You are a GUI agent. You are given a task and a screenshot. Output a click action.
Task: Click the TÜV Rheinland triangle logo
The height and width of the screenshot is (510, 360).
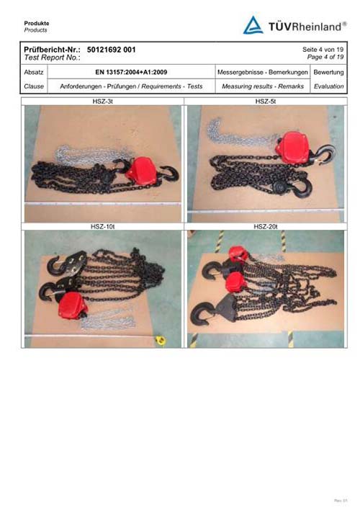pos(253,25)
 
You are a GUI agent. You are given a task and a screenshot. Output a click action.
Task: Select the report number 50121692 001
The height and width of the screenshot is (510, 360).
pos(111,50)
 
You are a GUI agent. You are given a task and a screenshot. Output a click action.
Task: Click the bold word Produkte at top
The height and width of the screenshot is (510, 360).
pos(37,24)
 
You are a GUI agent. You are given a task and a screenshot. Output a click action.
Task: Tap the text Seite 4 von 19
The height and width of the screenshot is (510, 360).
pos(323,50)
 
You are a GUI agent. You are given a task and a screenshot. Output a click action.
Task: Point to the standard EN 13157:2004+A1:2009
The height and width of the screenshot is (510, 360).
pos(131,72)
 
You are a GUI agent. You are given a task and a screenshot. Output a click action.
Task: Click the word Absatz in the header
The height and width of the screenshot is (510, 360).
pos(34,72)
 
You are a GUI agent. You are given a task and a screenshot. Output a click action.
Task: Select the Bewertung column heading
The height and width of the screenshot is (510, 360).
pos(328,72)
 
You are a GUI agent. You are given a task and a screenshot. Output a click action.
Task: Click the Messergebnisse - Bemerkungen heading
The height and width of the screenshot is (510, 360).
pos(262,72)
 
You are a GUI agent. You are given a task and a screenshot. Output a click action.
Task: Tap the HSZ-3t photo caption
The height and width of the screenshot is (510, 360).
pos(102,102)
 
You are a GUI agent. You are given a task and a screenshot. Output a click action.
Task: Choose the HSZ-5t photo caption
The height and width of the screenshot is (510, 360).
pos(266,102)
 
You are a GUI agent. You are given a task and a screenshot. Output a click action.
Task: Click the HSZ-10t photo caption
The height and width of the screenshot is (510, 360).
pos(102,226)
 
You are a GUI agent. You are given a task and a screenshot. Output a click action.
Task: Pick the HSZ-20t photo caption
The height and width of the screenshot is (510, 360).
pos(266,226)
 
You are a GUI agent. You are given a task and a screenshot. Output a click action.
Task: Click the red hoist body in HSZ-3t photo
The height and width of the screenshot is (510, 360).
pos(141,171)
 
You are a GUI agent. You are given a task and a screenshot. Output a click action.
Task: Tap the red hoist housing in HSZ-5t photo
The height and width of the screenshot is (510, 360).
pos(293,148)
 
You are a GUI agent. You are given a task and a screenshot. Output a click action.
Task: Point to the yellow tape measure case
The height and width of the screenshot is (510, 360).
pos(161,340)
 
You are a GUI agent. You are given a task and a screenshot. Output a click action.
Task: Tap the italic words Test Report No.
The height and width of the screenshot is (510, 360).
pos(52,58)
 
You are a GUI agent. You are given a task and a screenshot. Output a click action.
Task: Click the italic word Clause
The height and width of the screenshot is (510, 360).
pos(34,86)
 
